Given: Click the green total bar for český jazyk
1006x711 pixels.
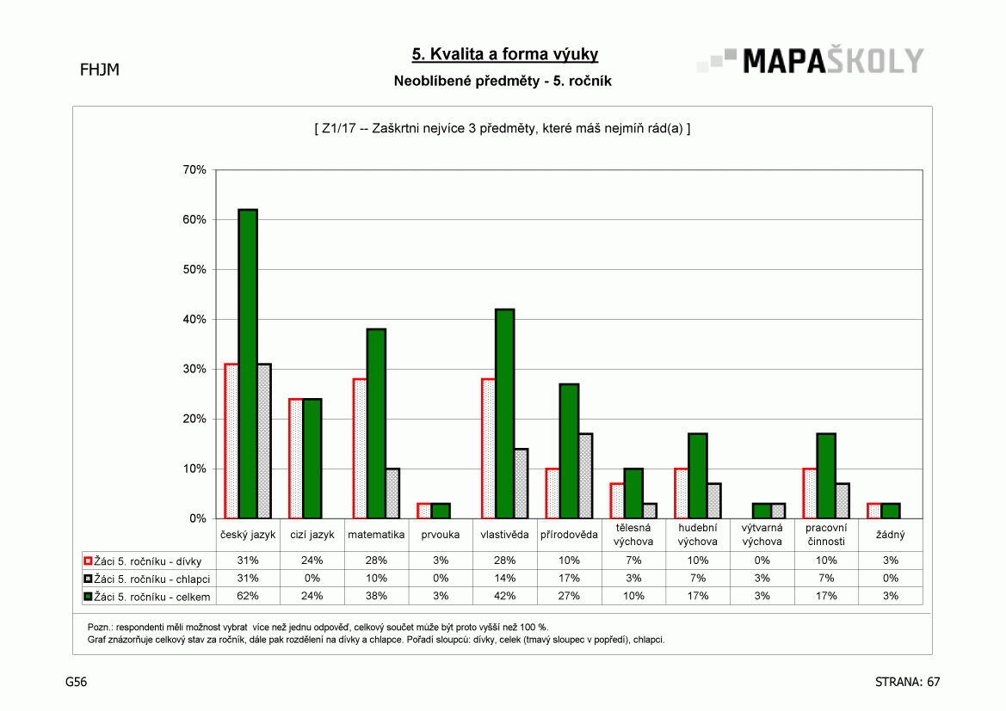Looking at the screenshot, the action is click(248, 364).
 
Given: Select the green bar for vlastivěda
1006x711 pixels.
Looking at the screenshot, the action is click(505, 414).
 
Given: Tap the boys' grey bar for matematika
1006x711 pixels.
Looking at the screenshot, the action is click(392, 493).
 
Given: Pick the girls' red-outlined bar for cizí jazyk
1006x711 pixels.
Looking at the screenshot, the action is click(296, 458).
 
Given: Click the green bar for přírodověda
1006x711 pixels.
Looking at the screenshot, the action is click(569, 451).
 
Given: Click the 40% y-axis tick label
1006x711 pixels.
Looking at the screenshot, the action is click(194, 319).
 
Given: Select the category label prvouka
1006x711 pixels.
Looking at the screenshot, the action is click(440, 535).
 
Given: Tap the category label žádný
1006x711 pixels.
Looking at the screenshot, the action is click(891, 535).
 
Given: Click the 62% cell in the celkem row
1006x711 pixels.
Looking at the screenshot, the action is click(248, 596).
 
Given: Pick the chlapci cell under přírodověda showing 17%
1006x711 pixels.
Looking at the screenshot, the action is click(569, 579).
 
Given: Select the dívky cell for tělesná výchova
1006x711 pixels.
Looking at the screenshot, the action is click(633, 561).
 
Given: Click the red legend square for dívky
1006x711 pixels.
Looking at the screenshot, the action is click(88, 561).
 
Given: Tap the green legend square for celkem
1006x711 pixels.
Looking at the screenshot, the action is click(88, 597).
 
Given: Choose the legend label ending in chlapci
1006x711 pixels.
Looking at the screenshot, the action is click(152, 579).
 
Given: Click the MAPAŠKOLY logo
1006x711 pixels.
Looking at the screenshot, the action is click(811, 61).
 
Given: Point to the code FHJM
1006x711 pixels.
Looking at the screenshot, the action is click(100, 70).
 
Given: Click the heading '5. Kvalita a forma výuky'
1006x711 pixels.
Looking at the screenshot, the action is click(505, 54).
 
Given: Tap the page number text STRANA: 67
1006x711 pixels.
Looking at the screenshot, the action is click(907, 682).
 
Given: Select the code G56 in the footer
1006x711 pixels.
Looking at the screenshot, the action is click(77, 682).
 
